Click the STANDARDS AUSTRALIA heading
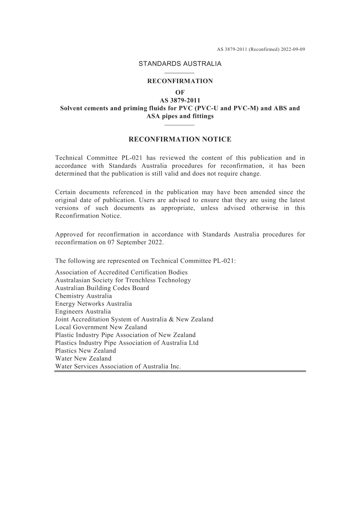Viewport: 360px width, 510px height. [180, 64]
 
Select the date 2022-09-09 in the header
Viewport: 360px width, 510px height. [293, 49]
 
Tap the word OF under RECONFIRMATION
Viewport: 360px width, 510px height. [180, 93]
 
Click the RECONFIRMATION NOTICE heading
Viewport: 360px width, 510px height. [180, 140]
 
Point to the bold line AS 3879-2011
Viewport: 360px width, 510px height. [180, 100]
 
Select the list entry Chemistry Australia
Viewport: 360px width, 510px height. [83, 296]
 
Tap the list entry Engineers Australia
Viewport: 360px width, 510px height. [83, 312]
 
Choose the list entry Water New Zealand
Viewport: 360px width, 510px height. [83, 358]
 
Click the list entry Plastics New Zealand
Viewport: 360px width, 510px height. [86, 351]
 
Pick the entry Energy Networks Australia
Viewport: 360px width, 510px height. [94, 304]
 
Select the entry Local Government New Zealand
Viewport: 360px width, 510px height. [101, 327]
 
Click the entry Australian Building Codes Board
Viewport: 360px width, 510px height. [102, 288]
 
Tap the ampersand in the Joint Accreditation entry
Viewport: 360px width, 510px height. [171, 320]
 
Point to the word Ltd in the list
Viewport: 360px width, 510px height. [193, 343]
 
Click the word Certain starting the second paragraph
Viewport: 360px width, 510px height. [67, 192]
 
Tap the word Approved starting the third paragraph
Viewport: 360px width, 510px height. [69, 234]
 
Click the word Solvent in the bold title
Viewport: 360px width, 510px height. [73, 108]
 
